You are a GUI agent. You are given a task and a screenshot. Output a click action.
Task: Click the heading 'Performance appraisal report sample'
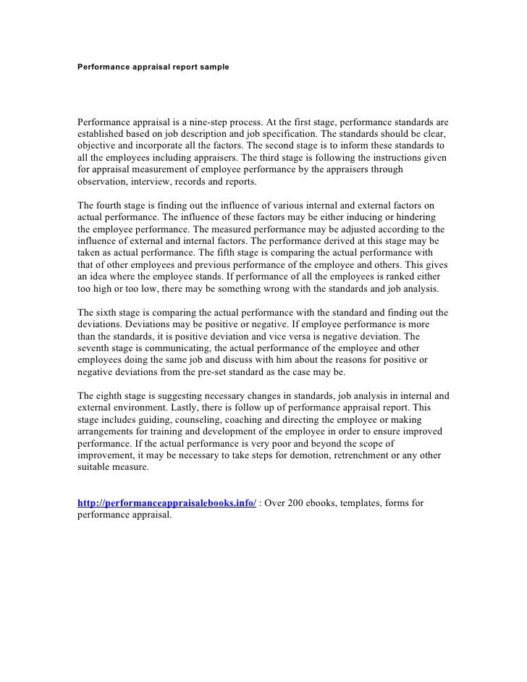153,66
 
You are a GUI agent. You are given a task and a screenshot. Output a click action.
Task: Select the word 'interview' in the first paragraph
157,181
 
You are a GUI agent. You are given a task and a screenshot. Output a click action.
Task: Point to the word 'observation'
104,181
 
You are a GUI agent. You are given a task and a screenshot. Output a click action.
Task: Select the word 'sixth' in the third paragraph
109,312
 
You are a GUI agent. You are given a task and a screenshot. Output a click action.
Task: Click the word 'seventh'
96,348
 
